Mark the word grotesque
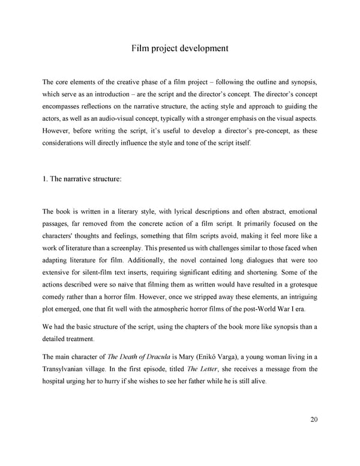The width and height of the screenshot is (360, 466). [296, 286]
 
